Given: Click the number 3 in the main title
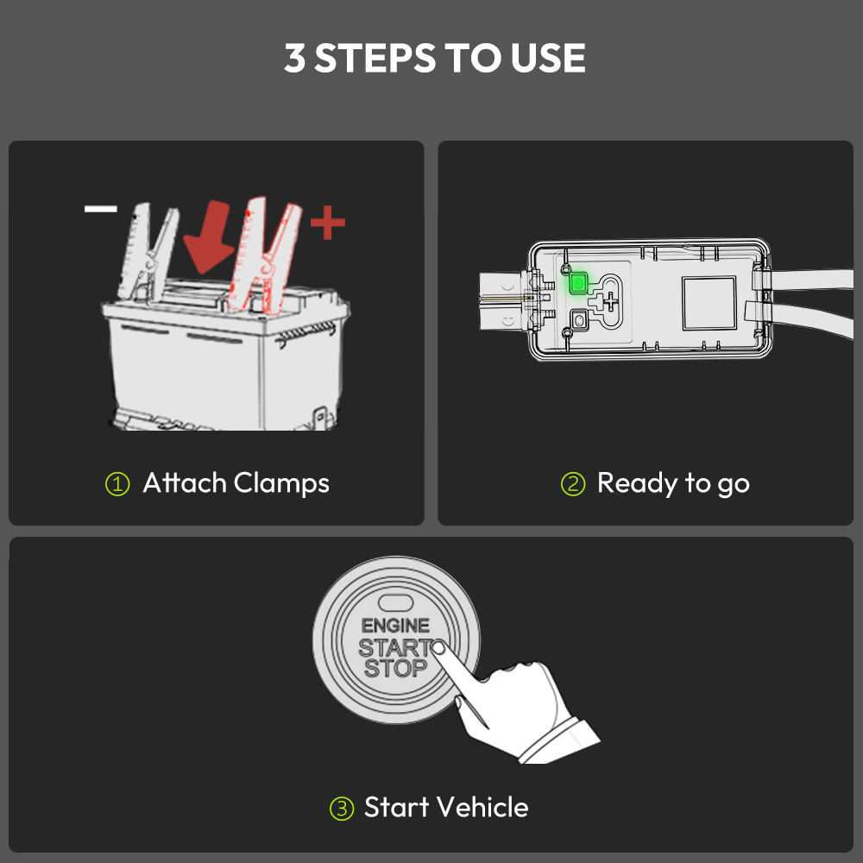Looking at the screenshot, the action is click(x=294, y=59).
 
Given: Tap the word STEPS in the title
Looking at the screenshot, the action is click(x=375, y=59).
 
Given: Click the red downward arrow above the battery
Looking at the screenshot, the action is click(x=209, y=236).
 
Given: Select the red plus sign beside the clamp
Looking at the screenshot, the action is click(x=327, y=223).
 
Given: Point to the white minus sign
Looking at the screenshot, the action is click(x=101, y=209).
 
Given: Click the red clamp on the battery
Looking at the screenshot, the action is click(x=264, y=256).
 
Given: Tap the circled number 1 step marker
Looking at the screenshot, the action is click(x=117, y=484).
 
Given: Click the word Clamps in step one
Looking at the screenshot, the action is click(x=281, y=484).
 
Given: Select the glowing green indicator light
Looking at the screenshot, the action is click(x=577, y=283).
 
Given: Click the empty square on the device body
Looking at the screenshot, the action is click(x=709, y=303).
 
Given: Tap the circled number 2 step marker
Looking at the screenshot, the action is click(x=573, y=484).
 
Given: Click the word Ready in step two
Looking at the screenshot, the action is click(x=638, y=484).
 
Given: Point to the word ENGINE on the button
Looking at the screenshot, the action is click(x=395, y=626).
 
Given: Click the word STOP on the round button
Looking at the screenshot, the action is click(x=396, y=668).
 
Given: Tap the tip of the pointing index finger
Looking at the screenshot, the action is click(x=438, y=647).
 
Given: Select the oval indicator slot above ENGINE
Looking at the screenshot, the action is click(x=396, y=602).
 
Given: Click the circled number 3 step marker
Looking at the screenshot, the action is click(x=341, y=809).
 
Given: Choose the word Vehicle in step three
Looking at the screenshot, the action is click(x=483, y=808).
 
